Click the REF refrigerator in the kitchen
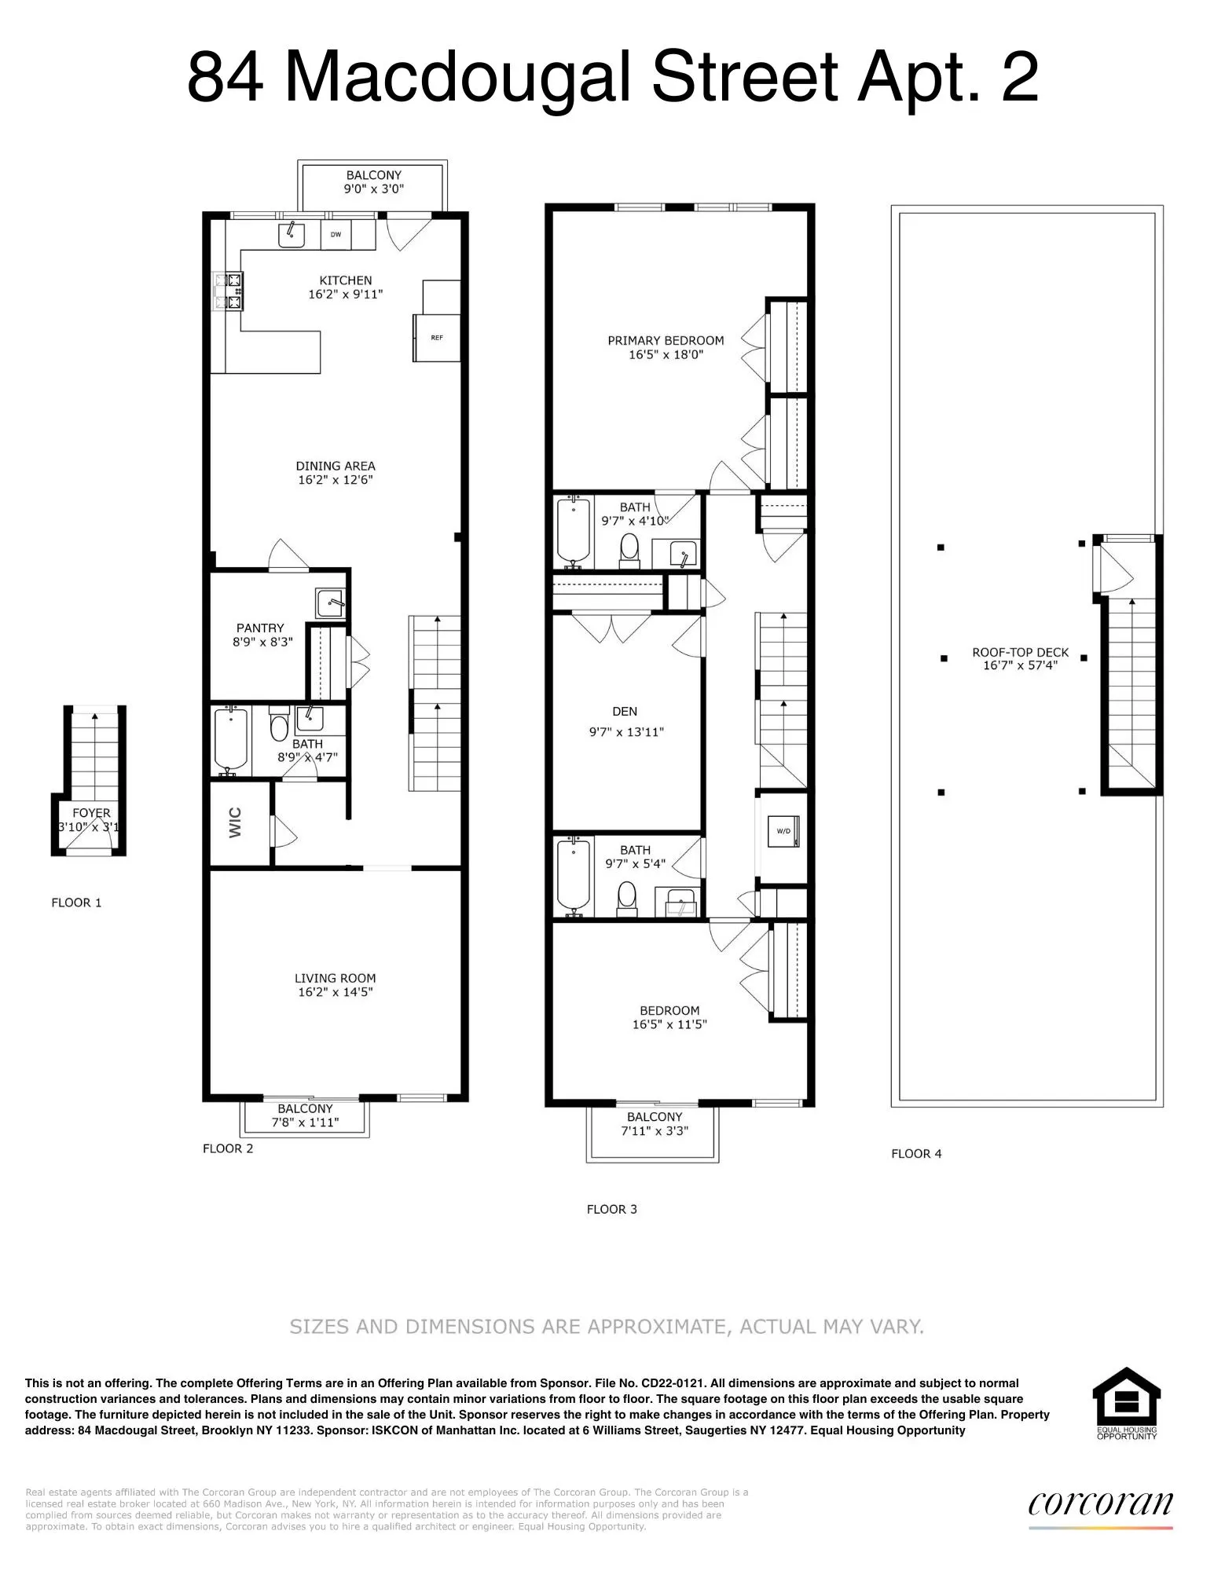point(436,338)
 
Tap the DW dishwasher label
point(336,234)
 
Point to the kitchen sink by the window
point(292,233)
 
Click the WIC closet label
point(236,822)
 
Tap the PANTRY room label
point(260,628)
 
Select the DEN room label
point(625,712)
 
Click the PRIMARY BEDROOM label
point(666,340)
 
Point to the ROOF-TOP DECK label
point(1020,652)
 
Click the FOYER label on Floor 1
point(91,813)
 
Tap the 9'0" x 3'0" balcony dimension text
point(373,189)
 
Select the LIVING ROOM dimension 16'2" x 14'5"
point(335,992)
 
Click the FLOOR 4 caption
point(916,1154)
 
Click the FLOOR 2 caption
point(228,1148)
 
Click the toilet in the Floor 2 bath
point(278,727)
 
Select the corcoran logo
point(1100,1503)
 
